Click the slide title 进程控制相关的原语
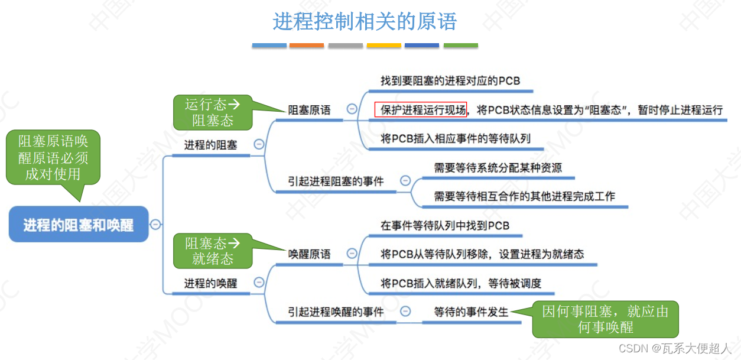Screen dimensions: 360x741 [365, 22]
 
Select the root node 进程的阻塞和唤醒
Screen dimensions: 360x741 [79, 225]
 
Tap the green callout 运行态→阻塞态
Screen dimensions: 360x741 [212, 112]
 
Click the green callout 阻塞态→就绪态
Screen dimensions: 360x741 [212, 251]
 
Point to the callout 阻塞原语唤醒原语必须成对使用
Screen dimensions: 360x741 [53, 157]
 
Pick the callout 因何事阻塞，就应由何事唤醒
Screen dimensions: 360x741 [605, 319]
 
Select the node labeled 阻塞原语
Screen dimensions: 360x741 [309, 110]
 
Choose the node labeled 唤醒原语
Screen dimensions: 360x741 [309, 254]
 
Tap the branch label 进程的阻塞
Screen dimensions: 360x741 [210, 145]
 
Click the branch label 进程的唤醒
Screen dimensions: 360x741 [210, 283]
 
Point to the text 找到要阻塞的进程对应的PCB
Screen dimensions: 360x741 [450, 81]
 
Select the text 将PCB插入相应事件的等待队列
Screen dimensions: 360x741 [456, 139]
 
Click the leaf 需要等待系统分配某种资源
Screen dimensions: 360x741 [498, 168]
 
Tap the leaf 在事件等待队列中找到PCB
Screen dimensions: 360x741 [445, 226]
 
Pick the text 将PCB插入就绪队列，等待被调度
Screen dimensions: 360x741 [461, 283]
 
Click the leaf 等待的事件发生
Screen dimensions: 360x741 [471, 312]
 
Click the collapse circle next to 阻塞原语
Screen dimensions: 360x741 [352, 109]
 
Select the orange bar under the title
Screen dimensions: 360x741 [307, 46]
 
